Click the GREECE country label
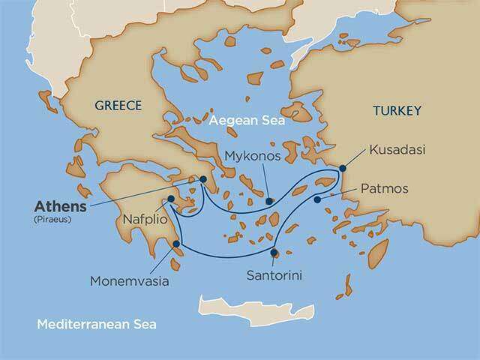pyautogui.click(x=118, y=106)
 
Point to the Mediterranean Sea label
pyautogui.click(x=97, y=325)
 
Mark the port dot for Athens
pyautogui.click(x=202, y=179)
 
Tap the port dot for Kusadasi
pyautogui.click(x=343, y=168)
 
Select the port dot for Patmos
pyautogui.click(x=318, y=199)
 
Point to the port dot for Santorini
pyautogui.click(x=274, y=252)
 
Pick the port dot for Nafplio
pyautogui.click(x=172, y=199)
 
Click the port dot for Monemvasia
pyautogui.click(x=176, y=243)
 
